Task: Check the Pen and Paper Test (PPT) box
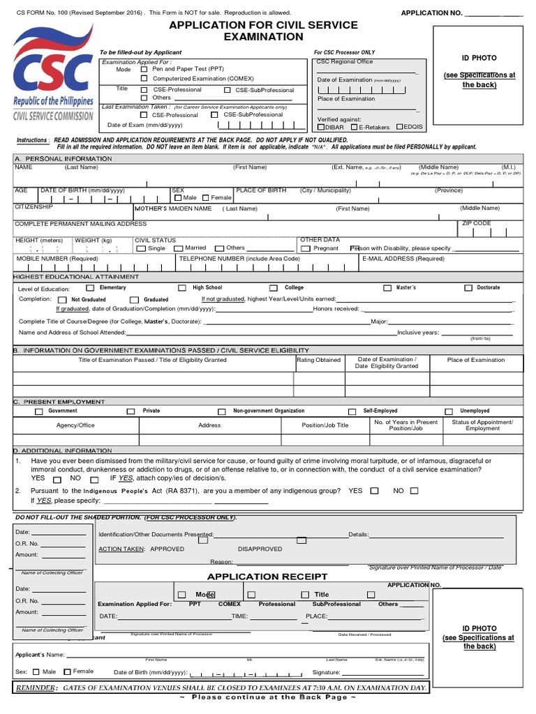click(144, 69)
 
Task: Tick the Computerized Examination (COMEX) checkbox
click(144, 79)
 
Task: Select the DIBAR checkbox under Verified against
click(321, 127)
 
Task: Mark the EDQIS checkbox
click(399, 127)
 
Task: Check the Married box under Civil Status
click(179, 248)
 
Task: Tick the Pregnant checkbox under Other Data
click(306, 248)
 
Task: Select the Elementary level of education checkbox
click(90, 287)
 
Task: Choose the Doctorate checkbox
click(469, 287)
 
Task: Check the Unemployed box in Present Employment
click(449, 411)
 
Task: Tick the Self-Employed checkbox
click(352, 411)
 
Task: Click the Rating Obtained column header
click(319, 360)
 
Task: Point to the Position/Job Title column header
click(325, 425)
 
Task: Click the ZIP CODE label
click(477, 224)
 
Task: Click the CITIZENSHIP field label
click(33, 207)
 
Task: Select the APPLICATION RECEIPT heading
click(267, 577)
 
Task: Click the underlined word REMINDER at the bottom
click(36, 688)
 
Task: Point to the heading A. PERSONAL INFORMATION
click(63, 159)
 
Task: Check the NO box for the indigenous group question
click(415, 491)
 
